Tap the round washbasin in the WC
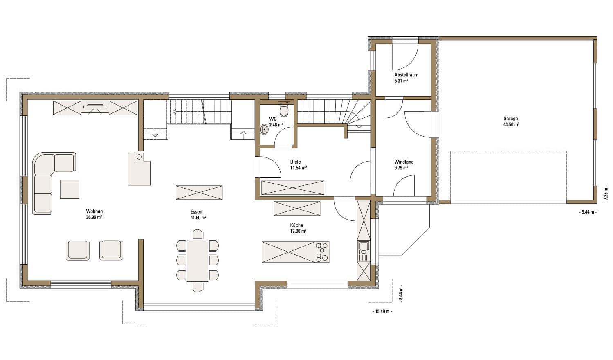point(264,129)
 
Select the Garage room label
point(511,119)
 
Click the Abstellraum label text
point(406,75)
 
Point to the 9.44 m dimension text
point(588,212)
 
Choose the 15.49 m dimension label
point(382,311)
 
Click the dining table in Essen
point(198,260)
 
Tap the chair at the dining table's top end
point(198,235)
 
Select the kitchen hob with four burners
point(322,252)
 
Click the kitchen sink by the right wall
point(364,250)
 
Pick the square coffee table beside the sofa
point(70,189)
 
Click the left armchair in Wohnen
point(78,250)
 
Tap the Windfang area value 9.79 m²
point(402,168)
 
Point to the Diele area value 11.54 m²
point(298,168)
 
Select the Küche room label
point(296,225)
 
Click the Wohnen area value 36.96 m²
point(94,217)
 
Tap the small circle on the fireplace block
point(139,157)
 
